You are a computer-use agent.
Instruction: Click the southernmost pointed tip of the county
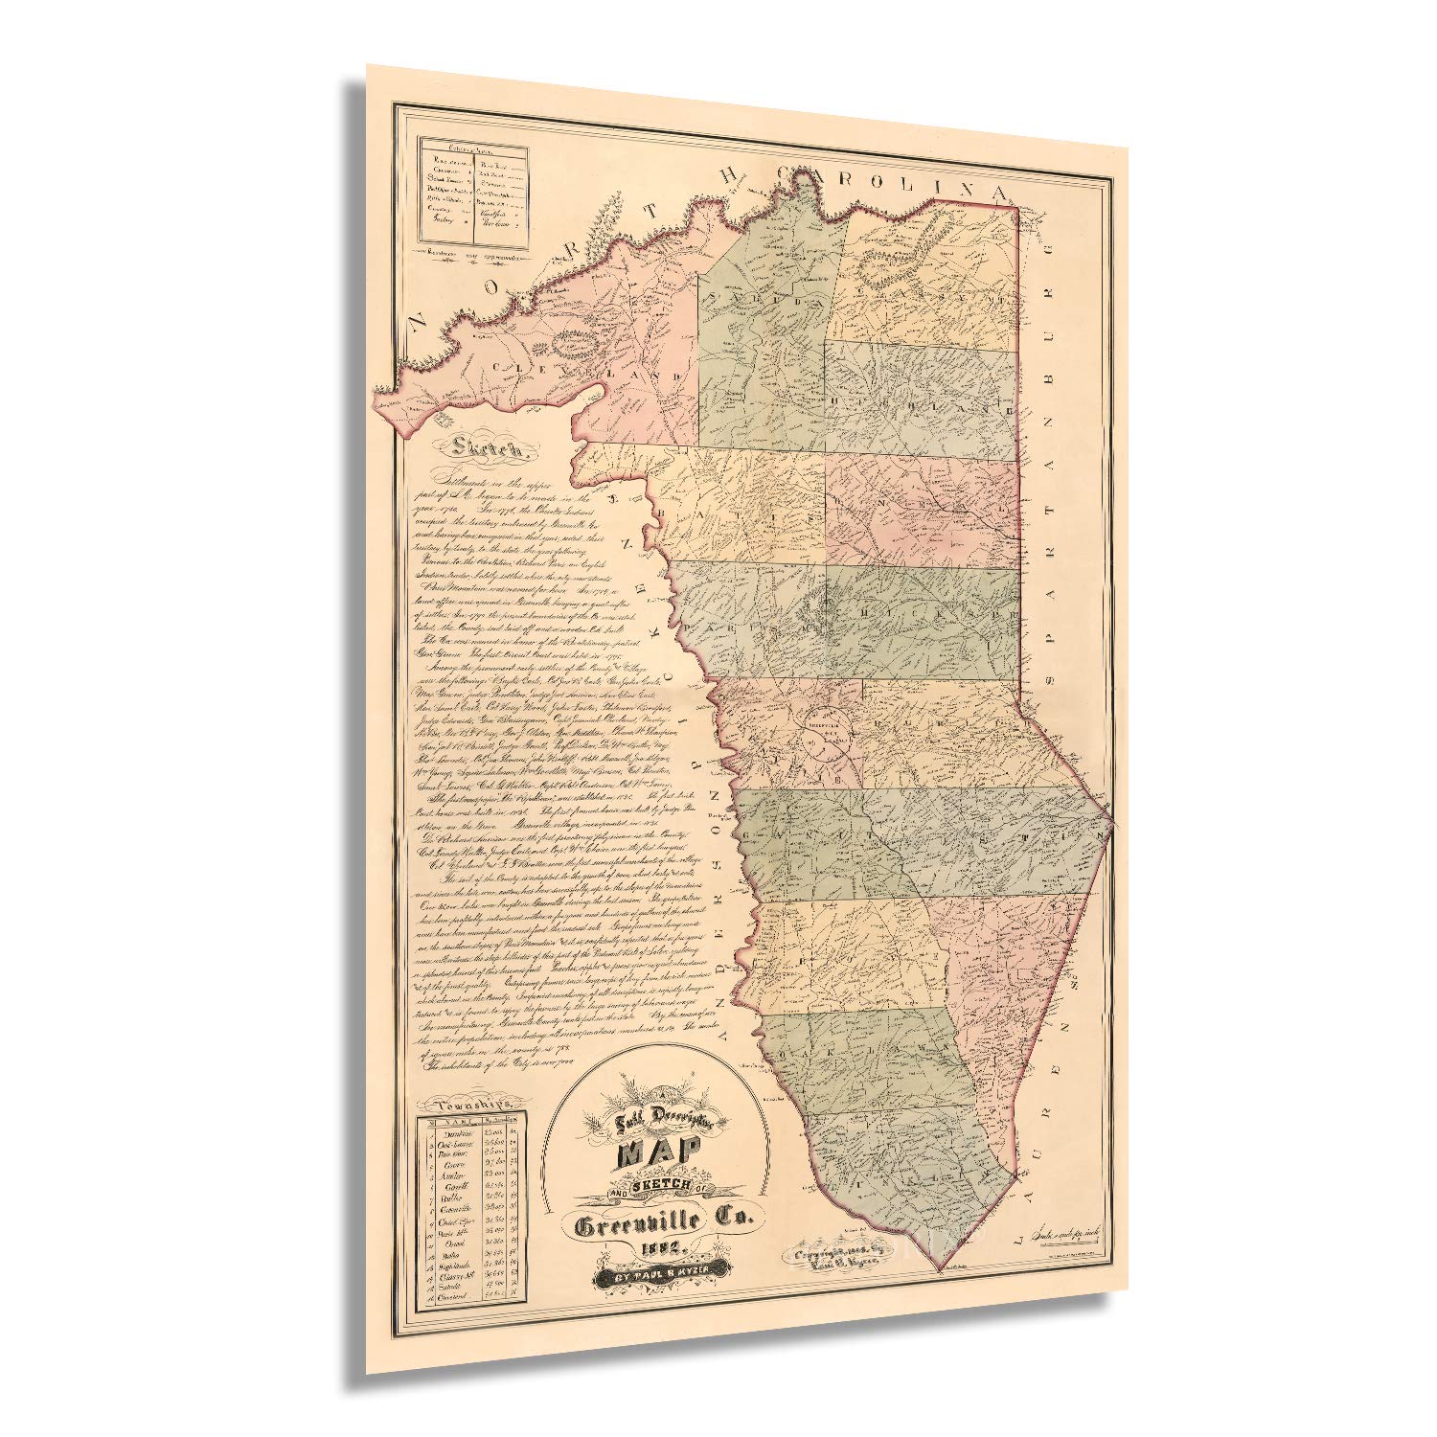pos(942,1272)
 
